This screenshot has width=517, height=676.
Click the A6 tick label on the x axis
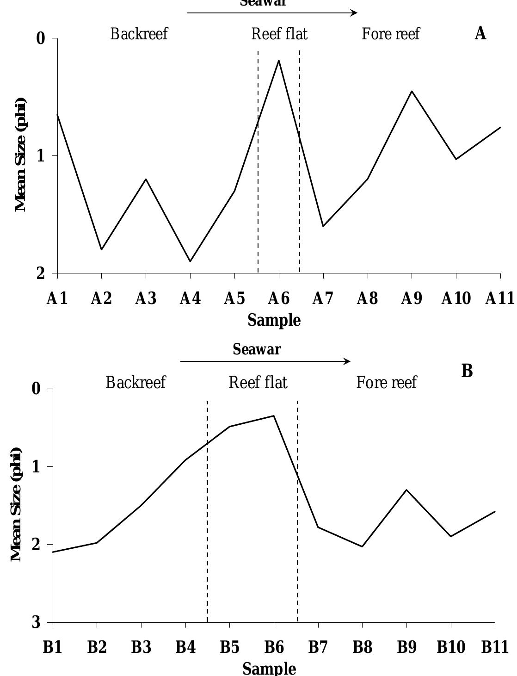pos(279,299)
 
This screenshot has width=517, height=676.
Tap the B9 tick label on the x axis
pos(406,647)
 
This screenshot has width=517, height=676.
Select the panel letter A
pos(480,33)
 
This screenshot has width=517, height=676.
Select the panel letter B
pos(467,371)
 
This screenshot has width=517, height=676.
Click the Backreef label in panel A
pos(139,34)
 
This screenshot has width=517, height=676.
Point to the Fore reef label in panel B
pos(387,383)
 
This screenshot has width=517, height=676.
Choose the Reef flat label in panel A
pos(279,34)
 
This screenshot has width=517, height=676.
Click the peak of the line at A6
pos(279,60)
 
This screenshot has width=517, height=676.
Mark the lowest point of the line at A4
pos(190,261)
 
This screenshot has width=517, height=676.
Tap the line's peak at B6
pos(274,416)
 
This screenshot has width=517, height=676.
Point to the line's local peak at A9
pos(412,91)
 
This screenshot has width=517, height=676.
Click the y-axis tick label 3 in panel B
pos(37,623)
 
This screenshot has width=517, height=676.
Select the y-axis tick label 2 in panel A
pos(41,273)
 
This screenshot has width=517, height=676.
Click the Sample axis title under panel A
pos(274,320)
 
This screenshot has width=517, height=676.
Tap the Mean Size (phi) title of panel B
pos(17,504)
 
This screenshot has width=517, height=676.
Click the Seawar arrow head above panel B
pos(348,361)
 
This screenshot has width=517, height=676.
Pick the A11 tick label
pos(499,299)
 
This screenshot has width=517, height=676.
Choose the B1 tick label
pos(53,647)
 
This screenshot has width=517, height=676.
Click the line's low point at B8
pos(362,546)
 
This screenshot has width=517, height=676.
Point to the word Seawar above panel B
pos(257,349)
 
